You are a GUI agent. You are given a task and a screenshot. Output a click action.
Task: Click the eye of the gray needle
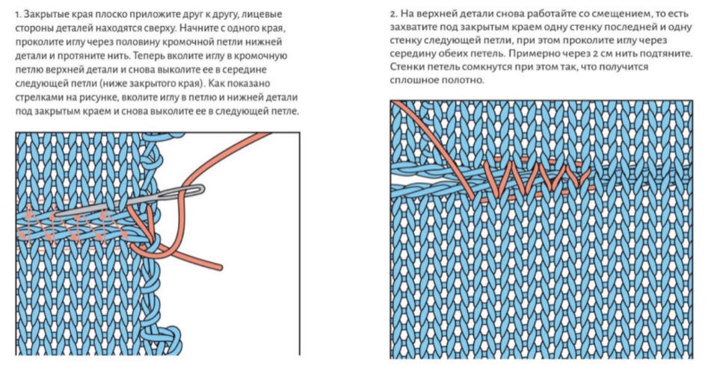pyautogui.click(x=193, y=191)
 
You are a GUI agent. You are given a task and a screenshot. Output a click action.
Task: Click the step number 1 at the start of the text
pyautogui.click(x=17, y=14)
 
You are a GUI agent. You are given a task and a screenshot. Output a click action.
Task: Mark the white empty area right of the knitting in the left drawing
pyautogui.click(x=239, y=314)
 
